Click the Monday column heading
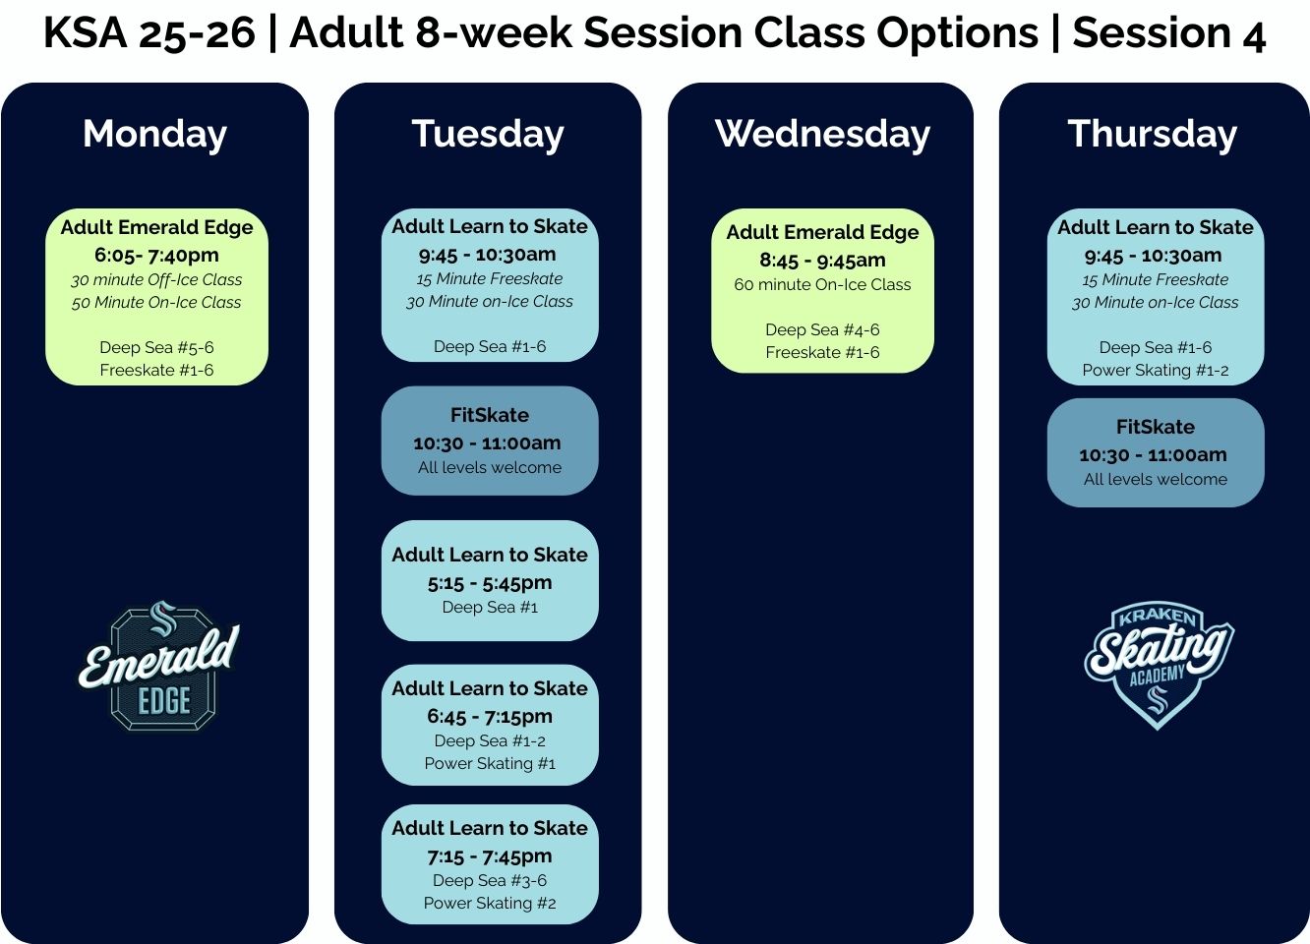coord(154,134)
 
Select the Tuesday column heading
coord(488,134)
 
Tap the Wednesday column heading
coord(822,134)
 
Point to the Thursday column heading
coord(1153,134)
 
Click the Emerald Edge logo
coord(160,666)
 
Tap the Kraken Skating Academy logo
coord(1158,664)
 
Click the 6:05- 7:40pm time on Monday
coord(156,255)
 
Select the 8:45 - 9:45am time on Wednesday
coord(822,261)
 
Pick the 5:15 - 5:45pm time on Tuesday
coord(490,582)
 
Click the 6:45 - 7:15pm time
coord(490,716)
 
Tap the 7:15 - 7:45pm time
coord(490,855)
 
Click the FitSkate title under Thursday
coord(1156,427)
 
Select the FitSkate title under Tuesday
coord(490,415)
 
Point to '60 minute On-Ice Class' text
coord(822,284)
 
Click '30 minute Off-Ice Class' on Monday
coord(156,279)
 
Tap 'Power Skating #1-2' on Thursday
coord(1156,370)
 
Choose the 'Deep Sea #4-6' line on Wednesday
coord(822,329)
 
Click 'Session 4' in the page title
coord(1168,33)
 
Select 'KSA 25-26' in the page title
coord(149,33)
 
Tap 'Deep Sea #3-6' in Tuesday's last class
coord(490,880)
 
